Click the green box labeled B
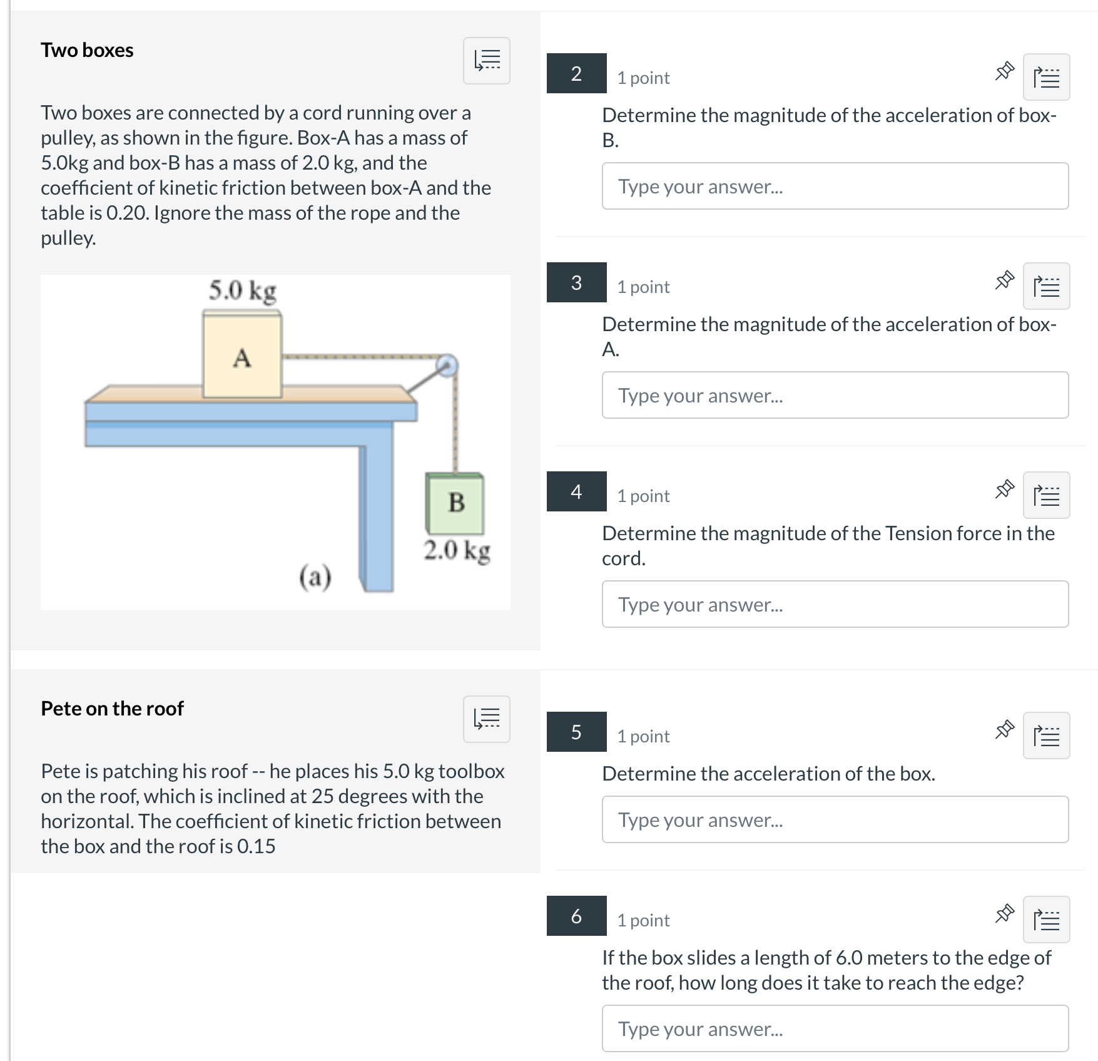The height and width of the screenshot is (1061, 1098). click(x=455, y=503)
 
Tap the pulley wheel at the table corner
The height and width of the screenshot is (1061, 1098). click(x=447, y=366)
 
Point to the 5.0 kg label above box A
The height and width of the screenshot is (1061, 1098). click(x=243, y=290)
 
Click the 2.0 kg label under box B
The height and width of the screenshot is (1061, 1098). click(x=457, y=551)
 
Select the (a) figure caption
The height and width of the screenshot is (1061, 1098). click(x=315, y=577)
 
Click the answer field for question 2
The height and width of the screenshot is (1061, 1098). click(x=835, y=186)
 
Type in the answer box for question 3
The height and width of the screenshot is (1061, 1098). click(x=835, y=395)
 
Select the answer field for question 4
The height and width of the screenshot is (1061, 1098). click(x=835, y=604)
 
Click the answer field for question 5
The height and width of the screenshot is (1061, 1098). click(x=835, y=819)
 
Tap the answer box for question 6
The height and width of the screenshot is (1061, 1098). click(x=835, y=1028)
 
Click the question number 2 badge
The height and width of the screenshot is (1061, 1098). click(x=576, y=73)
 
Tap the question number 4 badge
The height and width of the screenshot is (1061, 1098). click(x=576, y=491)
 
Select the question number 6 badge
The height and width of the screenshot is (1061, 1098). click(x=576, y=916)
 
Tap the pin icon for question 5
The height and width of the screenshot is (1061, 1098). click(x=1004, y=729)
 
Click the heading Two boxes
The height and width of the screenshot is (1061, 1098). click(x=87, y=50)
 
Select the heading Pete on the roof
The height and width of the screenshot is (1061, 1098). click(x=112, y=708)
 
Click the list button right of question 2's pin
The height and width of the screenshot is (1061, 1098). click(x=1046, y=77)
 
